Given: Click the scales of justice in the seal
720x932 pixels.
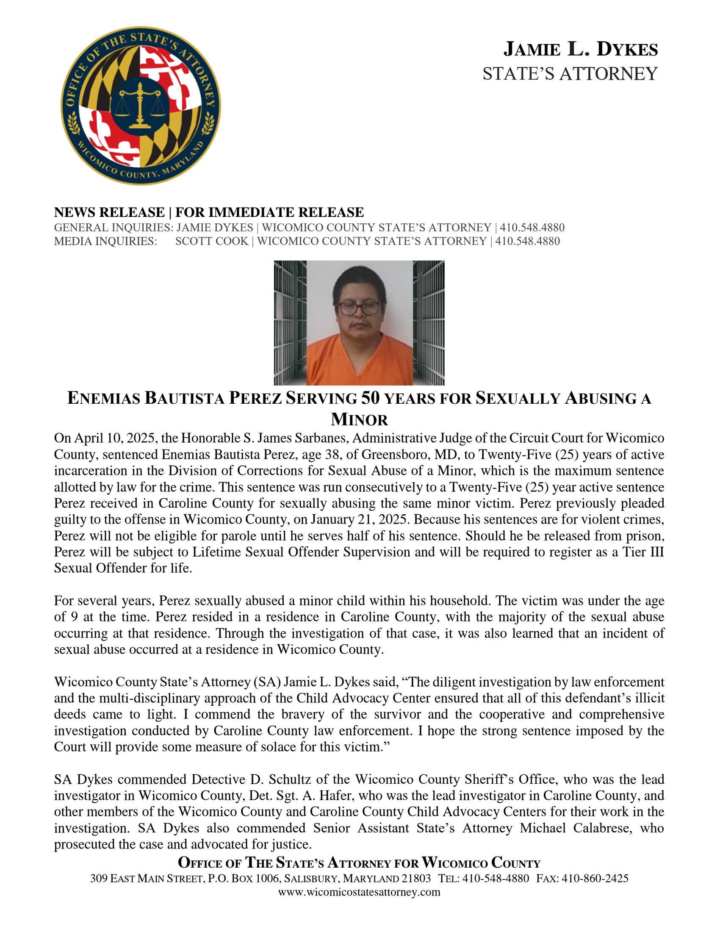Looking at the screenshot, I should click(x=140, y=105).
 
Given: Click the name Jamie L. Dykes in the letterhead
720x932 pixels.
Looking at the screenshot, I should click(x=581, y=50).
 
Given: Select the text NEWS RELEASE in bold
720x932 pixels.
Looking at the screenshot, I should click(x=109, y=212).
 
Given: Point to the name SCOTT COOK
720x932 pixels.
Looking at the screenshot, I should click(x=212, y=241).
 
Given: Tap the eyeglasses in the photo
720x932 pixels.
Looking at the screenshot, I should click(x=359, y=308).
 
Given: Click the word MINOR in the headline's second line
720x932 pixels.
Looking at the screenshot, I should click(x=359, y=419).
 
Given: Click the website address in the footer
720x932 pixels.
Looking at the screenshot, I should click(x=359, y=892).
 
